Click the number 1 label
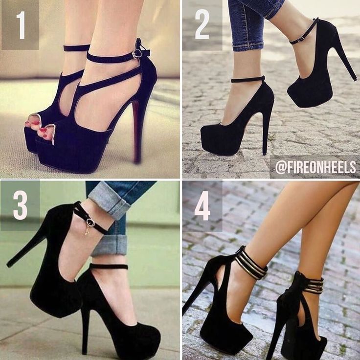21,25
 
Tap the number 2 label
202,24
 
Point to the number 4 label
202,206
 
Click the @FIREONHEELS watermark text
315,167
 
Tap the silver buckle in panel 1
136,54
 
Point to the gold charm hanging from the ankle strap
87,230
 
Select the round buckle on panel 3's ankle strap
90,223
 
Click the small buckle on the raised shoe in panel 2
300,39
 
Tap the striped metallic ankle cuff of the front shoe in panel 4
252,263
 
